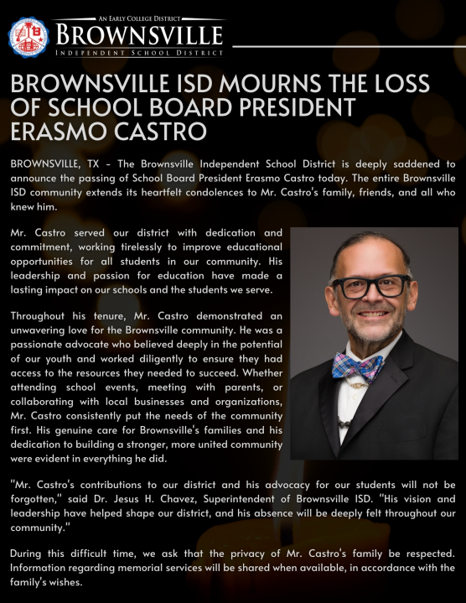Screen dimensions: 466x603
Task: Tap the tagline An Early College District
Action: [x=139, y=18]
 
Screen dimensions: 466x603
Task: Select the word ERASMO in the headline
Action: [x=62, y=132]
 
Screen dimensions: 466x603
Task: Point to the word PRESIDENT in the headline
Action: [x=285, y=109]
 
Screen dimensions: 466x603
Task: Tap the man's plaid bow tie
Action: [x=357, y=366]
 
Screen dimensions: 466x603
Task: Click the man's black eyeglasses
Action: [x=370, y=286]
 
